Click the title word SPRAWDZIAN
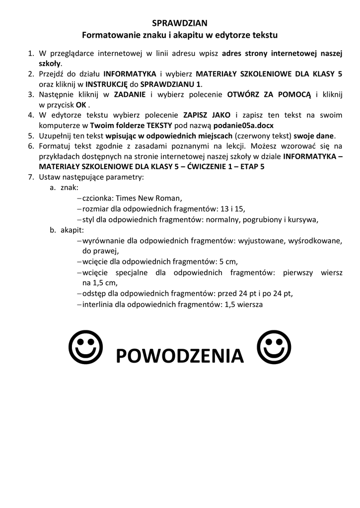coord(179,23)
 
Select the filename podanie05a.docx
coord(243,126)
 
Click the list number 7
coord(30,177)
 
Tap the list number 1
coord(30,53)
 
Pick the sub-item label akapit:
coord(72,230)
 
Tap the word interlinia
coord(98,304)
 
